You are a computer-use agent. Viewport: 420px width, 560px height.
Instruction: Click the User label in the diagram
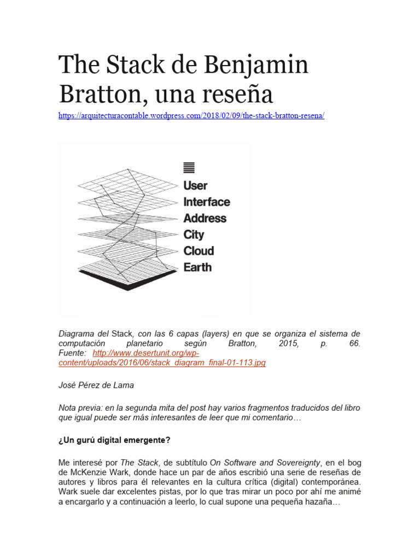[x=195, y=185]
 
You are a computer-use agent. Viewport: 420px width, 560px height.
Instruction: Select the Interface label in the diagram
[x=207, y=202]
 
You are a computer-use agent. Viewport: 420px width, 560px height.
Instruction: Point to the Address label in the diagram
[x=205, y=218]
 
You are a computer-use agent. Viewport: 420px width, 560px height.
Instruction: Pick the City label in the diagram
[x=194, y=235]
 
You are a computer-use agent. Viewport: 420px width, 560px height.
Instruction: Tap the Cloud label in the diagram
[x=199, y=251]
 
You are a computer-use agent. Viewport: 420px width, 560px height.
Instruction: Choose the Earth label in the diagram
[x=197, y=267]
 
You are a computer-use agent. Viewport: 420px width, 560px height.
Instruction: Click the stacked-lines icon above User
[x=189, y=167]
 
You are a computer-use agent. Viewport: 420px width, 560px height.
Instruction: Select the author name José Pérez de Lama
[x=96, y=385]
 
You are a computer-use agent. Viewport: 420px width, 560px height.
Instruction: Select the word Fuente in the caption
[x=73, y=353]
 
